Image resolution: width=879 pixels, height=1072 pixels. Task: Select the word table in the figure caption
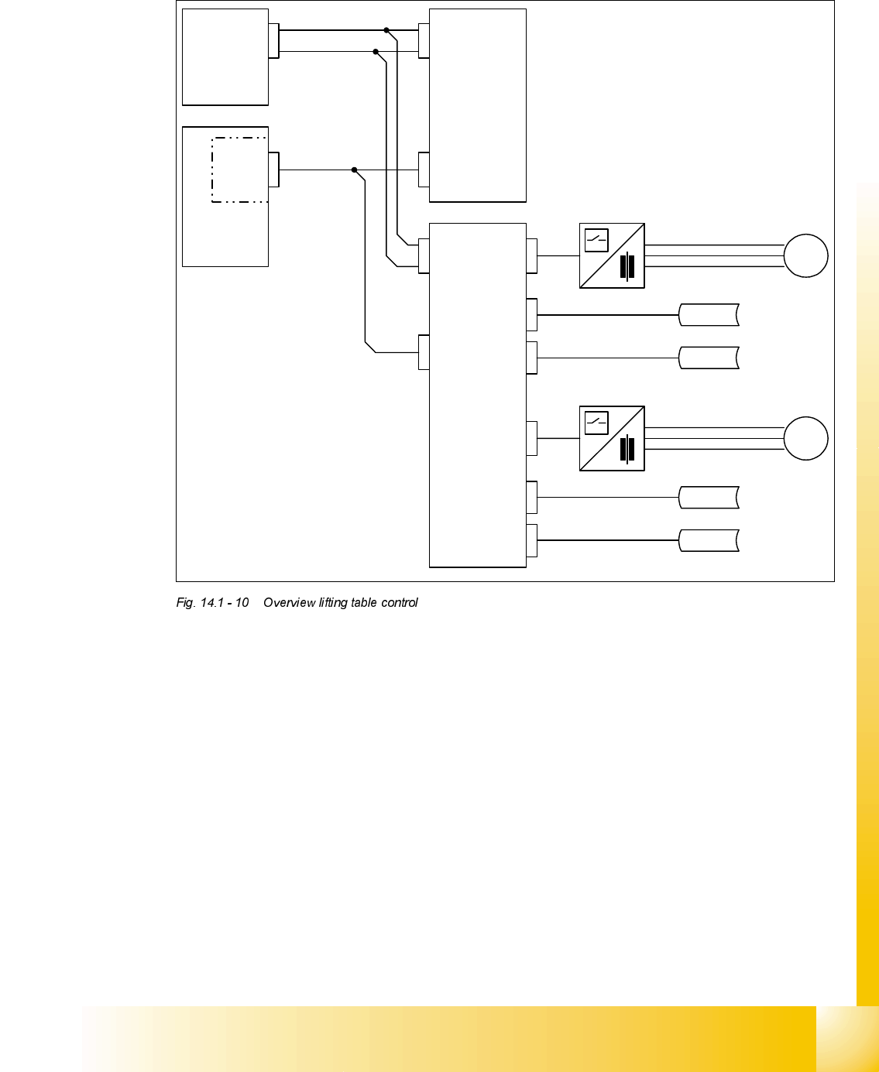tap(364, 602)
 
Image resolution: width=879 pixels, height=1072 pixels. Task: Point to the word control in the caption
tap(400, 602)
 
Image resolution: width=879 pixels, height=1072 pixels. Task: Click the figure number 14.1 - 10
tap(225, 602)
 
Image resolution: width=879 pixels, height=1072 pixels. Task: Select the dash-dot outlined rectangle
tap(239, 170)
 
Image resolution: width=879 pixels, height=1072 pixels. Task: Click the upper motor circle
tap(805, 256)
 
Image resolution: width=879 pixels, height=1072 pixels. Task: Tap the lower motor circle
tap(805, 438)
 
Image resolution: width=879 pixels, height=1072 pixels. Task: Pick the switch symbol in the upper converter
tap(596, 241)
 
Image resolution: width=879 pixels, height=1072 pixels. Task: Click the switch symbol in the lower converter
tap(596, 423)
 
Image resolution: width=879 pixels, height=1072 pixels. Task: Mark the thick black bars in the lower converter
tap(627, 450)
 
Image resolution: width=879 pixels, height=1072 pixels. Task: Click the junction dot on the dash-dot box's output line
tap(354, 170)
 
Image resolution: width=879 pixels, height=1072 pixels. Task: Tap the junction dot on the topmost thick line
tap(386, 30)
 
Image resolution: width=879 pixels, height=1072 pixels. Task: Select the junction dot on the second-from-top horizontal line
tap(376, 52)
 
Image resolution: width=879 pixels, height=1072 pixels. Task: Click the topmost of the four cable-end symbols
tap(709, 315)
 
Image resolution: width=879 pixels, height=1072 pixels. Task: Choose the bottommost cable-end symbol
tap(709, 540)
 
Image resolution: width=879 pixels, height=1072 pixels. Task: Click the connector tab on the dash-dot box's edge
tap(273, 170)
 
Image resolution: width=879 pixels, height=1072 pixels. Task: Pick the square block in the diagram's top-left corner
tap(225, 57)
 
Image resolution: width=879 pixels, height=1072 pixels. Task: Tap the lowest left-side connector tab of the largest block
tap(424, 352)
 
